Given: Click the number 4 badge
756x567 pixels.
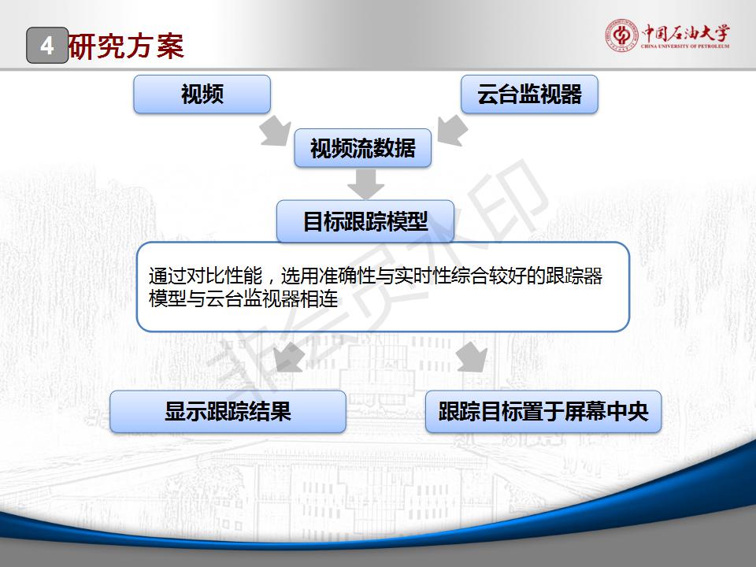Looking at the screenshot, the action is tap(47, 46).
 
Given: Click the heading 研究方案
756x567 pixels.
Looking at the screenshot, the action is tap(126, 46).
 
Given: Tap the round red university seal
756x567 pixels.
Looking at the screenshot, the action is tap(621, 35).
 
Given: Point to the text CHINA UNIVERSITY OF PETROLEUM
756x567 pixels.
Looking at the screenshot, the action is tap(685, 46).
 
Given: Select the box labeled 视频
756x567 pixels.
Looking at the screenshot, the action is tap(202, 94).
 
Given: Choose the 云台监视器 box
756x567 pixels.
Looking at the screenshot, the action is tap(529, 94).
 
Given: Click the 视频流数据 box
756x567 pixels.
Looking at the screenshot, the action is tap(362, 148).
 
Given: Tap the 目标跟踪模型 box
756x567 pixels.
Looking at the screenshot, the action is tap(365, 221).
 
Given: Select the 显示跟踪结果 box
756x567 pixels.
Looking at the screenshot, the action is tap(228, 411).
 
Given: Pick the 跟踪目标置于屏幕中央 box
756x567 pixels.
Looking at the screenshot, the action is tap(543, 411).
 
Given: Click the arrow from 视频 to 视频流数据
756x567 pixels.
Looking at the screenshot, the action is tap(276, 130).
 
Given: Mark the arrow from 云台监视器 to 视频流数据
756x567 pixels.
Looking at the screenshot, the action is tap(453, 130).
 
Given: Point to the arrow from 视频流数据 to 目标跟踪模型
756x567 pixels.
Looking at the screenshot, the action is tap(365, 184).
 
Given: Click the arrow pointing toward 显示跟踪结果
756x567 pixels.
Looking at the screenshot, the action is tap(288, 358).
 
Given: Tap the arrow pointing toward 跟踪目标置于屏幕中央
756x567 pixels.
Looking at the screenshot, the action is tap(472, 358).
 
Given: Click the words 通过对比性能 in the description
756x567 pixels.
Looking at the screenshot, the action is tap(206, 276).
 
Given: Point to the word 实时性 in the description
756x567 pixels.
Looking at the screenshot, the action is tap(422, 276).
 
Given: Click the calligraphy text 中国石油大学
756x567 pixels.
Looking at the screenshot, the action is tap(685, 33).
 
